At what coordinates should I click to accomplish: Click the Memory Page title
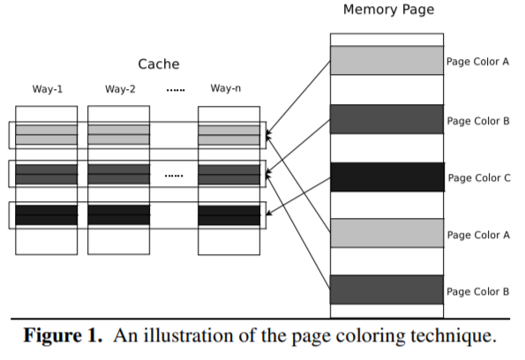coord(389,10)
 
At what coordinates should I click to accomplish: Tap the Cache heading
coord(159,64)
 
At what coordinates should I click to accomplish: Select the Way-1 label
coord(48,89)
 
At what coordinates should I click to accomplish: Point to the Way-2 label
coord(120,89)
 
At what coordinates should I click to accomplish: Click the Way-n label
coord(226,88)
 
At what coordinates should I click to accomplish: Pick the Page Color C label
coord(479,178)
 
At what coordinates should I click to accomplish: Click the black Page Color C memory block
coord(387,177)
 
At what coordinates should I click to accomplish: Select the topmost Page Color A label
coord(477,62)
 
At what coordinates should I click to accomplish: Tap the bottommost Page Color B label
coord(477,292)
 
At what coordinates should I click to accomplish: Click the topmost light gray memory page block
coord(386,60)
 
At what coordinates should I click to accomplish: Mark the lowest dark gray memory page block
coord(386,289)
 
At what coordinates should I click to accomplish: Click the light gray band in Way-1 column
coord(46,135)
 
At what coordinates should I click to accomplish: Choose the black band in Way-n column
coord(229,215)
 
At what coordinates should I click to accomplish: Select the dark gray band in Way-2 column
coord(119,174)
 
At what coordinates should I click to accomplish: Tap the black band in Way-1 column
coord(46,214)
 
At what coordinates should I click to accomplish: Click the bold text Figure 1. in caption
coord(63,335)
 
